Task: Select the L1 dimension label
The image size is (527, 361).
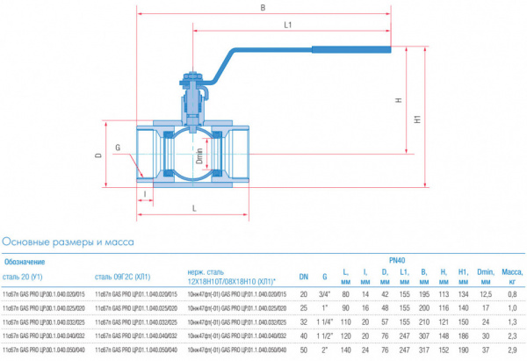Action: [289, 26]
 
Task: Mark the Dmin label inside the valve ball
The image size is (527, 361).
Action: [199, 155]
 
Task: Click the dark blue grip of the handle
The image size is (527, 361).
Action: [351, 51]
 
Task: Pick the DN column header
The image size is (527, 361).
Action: [304, 278]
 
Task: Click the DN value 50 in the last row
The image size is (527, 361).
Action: [304, 350]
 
